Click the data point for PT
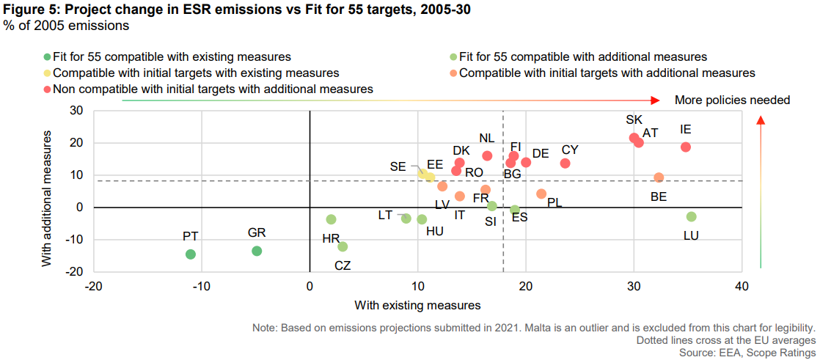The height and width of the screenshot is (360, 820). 191,254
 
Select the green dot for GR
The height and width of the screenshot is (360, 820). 257,251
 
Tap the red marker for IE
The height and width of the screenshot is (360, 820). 686,147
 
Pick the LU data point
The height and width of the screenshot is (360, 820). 691,216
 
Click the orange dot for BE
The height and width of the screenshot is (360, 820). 659,177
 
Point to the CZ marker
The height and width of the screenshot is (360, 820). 343,247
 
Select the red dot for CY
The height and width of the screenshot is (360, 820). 565,163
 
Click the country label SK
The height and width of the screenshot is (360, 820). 634,120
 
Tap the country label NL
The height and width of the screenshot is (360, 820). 487,138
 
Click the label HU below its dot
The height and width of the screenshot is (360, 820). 435,231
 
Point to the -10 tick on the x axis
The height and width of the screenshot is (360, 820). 202,286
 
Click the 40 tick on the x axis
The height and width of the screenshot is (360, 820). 742,286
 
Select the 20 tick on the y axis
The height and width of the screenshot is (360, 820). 76,143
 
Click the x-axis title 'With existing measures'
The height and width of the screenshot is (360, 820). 417,304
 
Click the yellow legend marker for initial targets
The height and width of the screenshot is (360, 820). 47,73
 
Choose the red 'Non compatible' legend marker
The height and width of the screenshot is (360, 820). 47,89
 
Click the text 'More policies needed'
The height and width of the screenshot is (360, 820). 732,100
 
